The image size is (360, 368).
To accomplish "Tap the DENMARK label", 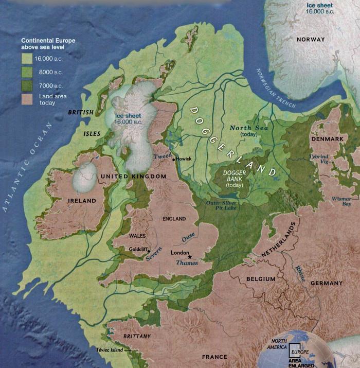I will [326, 139].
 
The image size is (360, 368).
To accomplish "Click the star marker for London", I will [190, 256].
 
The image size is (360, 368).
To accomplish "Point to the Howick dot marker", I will [174, 160].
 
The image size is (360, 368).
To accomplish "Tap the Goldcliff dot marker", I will [149, 251].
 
